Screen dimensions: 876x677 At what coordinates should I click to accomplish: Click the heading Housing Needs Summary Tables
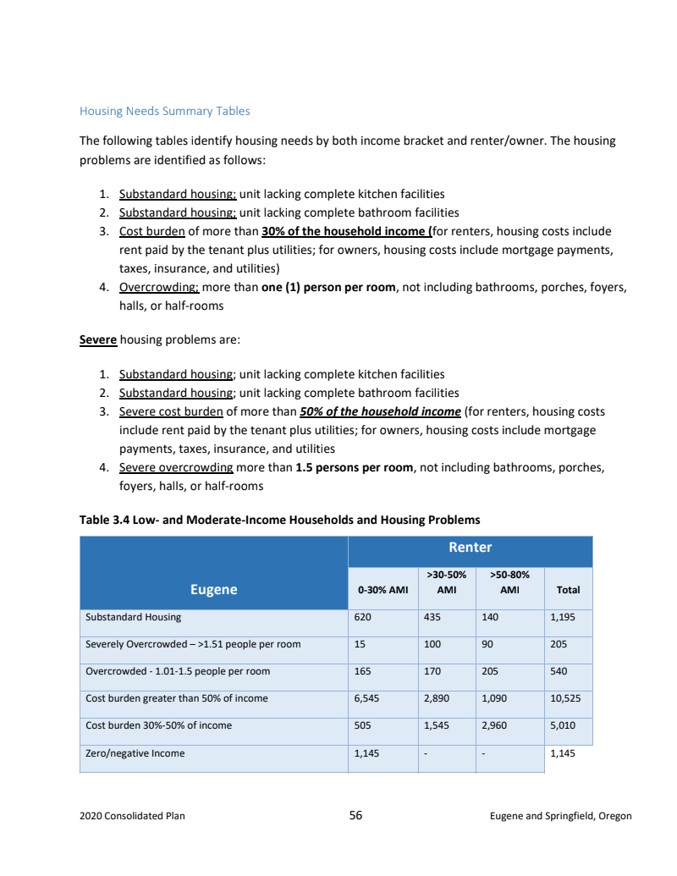(164, 111)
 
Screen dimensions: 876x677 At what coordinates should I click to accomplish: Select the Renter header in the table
(470, 548)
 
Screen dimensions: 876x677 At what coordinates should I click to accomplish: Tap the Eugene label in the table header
(213, 589)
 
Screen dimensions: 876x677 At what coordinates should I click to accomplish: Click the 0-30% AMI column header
(383, 590)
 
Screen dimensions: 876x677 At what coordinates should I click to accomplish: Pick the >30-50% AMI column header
(446, 582)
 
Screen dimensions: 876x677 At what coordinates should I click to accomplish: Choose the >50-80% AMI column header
(509, 582)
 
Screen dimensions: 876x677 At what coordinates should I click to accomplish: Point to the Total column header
(568, 590)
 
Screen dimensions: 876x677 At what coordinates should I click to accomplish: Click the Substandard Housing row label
(134, 617)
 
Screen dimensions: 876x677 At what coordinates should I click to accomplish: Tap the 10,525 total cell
(565, 698)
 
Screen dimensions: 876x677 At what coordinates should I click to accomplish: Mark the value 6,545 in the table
(367, 698)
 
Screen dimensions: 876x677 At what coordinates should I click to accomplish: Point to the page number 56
(355, 815)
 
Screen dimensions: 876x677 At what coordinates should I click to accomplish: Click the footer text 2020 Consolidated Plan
(132, 816)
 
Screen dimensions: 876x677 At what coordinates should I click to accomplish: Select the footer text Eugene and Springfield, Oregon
(560, 816)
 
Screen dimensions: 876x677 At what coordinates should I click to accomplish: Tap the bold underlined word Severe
(97, 339)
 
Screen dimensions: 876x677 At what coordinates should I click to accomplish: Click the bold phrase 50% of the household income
(380, 411)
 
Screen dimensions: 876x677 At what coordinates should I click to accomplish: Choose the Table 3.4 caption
(279, 520)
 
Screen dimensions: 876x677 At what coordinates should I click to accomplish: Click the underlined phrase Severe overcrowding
(176, 467)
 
